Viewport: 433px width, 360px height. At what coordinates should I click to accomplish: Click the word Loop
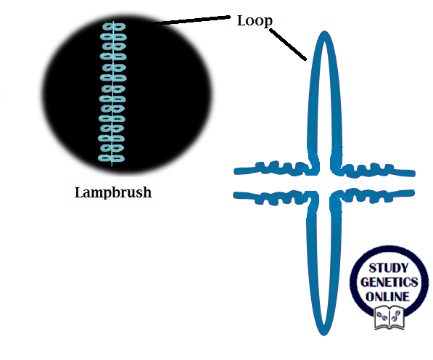pyautogui.click(x=255, y=20)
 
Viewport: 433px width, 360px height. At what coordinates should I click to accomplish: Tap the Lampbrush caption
pyautogui.click(x=113, y=193)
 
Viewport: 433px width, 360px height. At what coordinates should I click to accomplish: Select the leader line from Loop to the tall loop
pyautogui.click(x=289, y=44)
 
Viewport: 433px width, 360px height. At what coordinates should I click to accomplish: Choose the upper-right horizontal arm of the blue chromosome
pyautogui.click(x=377, y=171)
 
